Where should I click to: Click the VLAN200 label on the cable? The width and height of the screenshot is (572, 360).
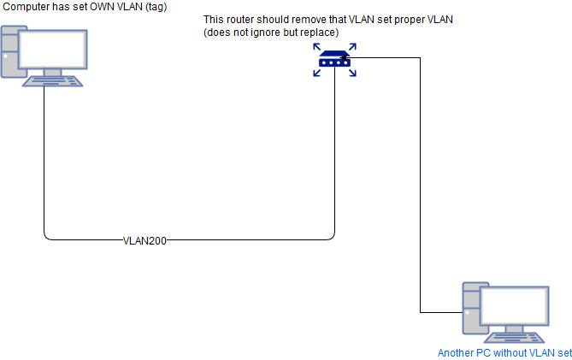click(144, 241)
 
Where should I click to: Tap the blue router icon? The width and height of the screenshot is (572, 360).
click(334, 60)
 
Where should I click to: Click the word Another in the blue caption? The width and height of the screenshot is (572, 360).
click(456, 352)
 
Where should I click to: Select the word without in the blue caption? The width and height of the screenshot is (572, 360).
click(509, 352)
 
